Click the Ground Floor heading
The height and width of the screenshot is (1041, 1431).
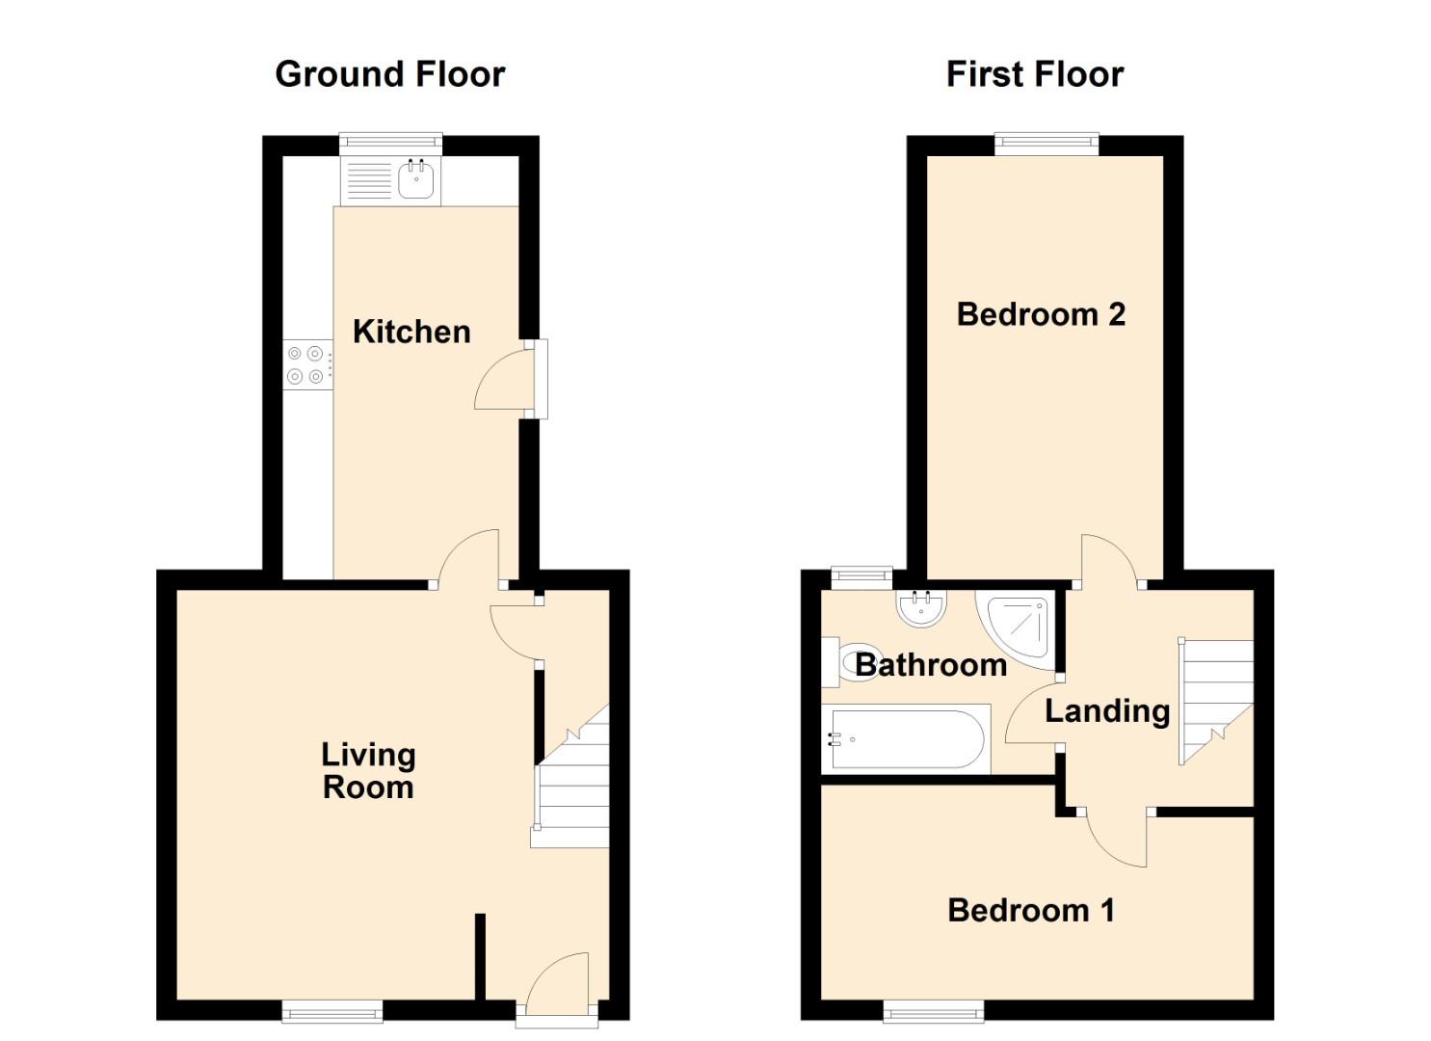tap(390, 75)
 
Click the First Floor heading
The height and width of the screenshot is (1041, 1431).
tap(1035, 75)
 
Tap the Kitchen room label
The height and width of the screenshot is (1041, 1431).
tap(412, 333)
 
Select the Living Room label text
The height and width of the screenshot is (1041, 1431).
tap(369, 771)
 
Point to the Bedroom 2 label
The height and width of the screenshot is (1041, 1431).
tap(1041, 314)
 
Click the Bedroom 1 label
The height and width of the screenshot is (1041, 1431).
tap(1032, 911)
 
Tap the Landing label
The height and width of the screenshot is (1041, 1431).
tap(1107, 711)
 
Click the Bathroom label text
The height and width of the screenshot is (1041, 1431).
tap(931, 665)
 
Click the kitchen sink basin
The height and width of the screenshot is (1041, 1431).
tap(416, 178)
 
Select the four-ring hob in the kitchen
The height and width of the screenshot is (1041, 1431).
tap(308, 365)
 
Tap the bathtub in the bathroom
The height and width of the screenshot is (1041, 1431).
tap(906, 739)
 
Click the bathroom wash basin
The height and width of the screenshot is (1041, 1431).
tap(920, 608)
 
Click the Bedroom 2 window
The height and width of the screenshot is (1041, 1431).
tap(1047, 144)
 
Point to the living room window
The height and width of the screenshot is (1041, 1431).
tap(332, 1012)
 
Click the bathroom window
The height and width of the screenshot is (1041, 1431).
tap(861, 577)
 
